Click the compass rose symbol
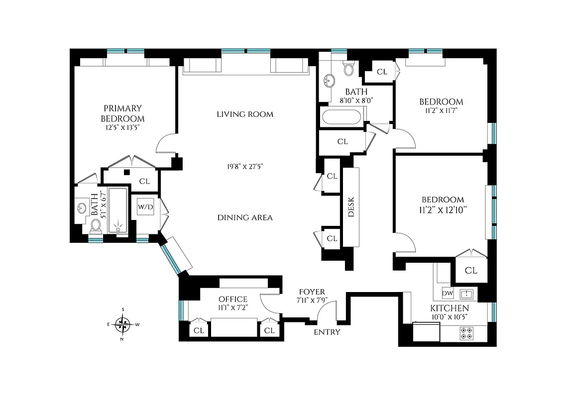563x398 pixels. [x=122, y=325]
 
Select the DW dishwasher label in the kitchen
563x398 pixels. [x=447, y=294]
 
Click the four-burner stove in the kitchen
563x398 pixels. [x=467, y=333]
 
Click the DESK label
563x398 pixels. [x=350, y=206]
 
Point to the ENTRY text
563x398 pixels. [x=327, y=332]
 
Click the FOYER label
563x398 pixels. [x=312, y=292]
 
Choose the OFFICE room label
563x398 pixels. [x=233, y=299]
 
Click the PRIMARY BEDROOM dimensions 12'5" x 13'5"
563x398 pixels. [x=122, y=128]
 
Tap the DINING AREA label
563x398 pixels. [x=245, y=217]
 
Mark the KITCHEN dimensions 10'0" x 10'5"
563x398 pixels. [x=450, y=316]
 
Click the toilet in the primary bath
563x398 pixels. [x=96, y=226]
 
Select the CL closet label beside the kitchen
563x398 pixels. [x=471, y=271]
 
